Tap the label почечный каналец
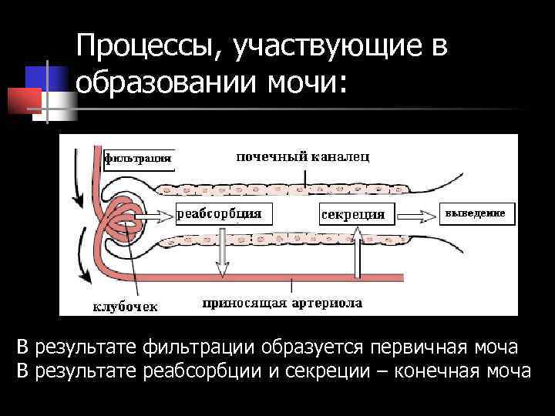coord(302,157)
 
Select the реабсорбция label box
coord(220,213)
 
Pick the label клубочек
coord(126,307)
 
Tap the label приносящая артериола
coord(282,304)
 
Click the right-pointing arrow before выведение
coord(416,213)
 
